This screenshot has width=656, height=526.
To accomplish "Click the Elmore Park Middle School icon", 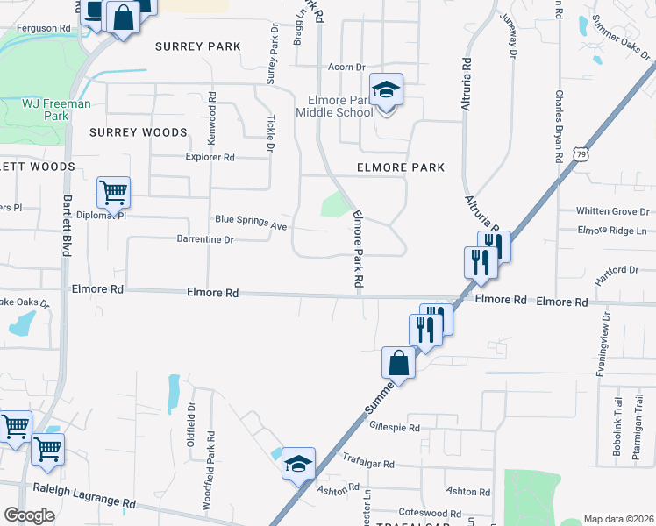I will coord(386,90).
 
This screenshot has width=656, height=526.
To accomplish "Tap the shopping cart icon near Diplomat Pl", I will coord(113,192).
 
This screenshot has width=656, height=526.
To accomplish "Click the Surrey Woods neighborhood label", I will coord(139,132).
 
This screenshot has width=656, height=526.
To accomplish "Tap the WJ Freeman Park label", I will coord(56,110).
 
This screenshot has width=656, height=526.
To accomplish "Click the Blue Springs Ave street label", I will coord(252,221).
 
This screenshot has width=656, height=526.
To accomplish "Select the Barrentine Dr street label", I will coord(205,239).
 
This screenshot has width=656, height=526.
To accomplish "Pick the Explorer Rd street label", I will coord(211,158).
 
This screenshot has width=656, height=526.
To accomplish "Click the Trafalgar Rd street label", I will coord(368,464).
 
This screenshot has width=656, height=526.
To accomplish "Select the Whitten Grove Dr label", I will coord(612,211).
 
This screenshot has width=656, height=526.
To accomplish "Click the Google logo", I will coord(29,515).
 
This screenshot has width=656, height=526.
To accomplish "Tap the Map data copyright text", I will coord(617,519).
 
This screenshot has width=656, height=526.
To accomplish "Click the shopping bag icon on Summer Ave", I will coord(398,363).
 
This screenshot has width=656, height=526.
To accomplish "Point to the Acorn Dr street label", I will coord(346,68).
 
